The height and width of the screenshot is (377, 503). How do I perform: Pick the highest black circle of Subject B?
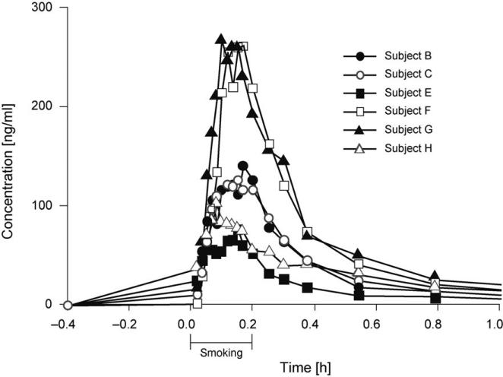tap(243, 166)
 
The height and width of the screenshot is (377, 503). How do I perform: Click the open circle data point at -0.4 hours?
tap(67, 305)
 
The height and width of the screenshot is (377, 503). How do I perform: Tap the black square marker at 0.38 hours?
tap(307, 288)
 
